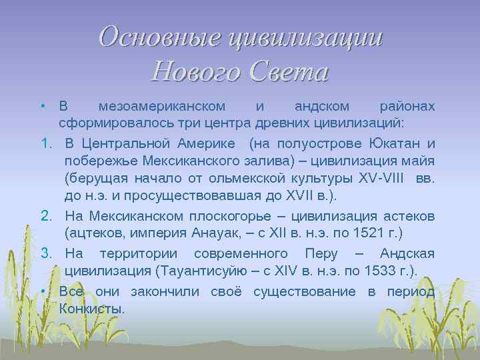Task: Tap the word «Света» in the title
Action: pyautogui.click(x=287, y=71)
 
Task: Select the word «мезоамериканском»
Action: pyautogui.click(x=161, y=107)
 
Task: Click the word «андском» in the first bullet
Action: pyautogui.click(x=318, y=107)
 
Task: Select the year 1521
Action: pyautogui.click(x=363, y=233)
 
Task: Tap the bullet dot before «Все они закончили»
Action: pyautogui.click(x=42, y=291)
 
